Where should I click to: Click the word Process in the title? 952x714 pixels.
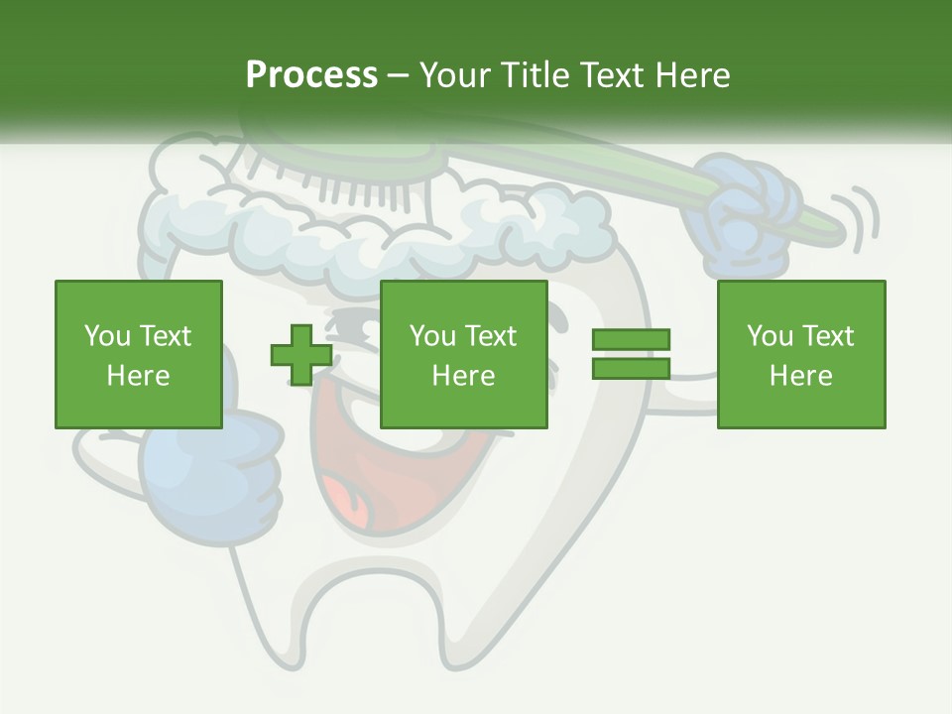click(x=311, y=75)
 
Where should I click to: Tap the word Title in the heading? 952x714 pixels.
click(x=535, y=75)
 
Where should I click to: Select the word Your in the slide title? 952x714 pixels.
click(x=454, y=75)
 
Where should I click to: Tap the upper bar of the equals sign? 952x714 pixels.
click(x=631, y=340)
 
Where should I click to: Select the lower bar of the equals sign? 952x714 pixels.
click(x=631, y=369)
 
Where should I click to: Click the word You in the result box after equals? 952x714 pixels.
click(x=769, y=336)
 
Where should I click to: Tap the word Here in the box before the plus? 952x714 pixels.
click(x=138, y=376)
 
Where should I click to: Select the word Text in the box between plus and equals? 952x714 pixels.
click(x=491, y=336)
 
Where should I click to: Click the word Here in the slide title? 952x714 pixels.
click(x=693, y=75)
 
